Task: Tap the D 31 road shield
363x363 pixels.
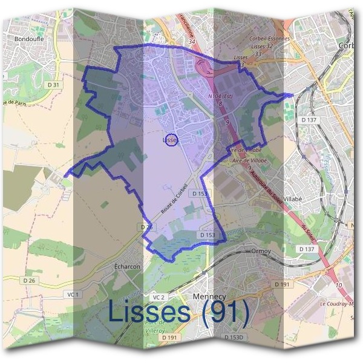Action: tap(54, 85)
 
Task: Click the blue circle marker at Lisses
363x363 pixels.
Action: tap(171, 140)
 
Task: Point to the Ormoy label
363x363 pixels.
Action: tap(262, 250)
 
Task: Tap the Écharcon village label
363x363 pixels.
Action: tap(127, 266)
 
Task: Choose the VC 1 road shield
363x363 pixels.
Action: tap(73, 294)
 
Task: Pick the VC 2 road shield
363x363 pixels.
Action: tap(159, 297)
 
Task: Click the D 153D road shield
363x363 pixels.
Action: tap(231, 337)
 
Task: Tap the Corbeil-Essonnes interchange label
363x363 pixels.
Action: tap(269, 39)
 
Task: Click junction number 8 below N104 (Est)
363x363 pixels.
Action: tap(220, 103)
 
